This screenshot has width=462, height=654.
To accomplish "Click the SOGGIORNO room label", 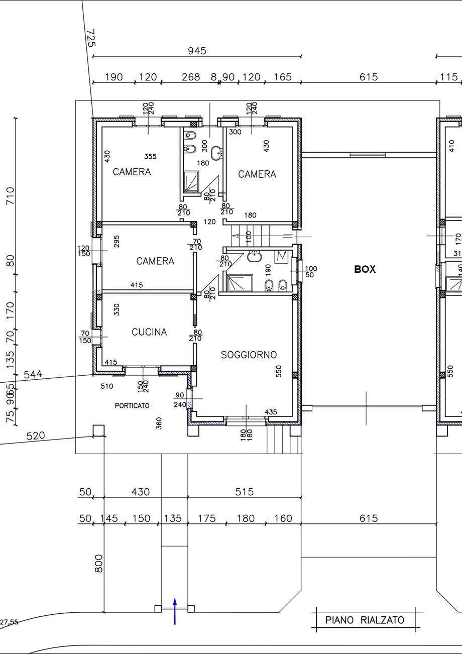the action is click(x=249, y=355).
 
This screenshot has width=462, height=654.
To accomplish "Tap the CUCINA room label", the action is click(x=149, y=332).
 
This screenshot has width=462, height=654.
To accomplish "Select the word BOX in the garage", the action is click(x=365, y=269).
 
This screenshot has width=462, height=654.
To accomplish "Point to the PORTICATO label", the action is click(x=132, y=405).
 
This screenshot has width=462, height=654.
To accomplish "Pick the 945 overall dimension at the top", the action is click(x=197, y=51).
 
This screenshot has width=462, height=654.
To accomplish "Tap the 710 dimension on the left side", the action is click(x=10, y=196).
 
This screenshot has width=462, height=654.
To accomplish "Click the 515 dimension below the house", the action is click(x=244, y=492).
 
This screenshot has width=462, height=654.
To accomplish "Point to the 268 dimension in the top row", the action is click(x=191, y=77).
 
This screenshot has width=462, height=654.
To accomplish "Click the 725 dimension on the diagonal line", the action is click(x=91, y=38).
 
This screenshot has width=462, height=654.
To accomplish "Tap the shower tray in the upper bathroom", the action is click(x=191, y=182).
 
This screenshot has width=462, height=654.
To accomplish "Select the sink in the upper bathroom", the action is click(x=216, y=153).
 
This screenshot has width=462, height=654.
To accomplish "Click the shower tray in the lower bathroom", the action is click(x=240, y=283).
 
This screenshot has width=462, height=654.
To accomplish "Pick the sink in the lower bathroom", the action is click(x=255, y=257).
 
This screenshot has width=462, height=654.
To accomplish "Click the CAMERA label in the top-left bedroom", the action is click(x=132, y=172).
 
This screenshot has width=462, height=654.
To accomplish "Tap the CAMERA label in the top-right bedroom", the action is click(x=257, y=174).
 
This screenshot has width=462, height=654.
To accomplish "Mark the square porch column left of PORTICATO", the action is click(x=98, y=430).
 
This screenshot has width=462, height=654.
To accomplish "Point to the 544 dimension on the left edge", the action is click(x=33, y=374).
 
